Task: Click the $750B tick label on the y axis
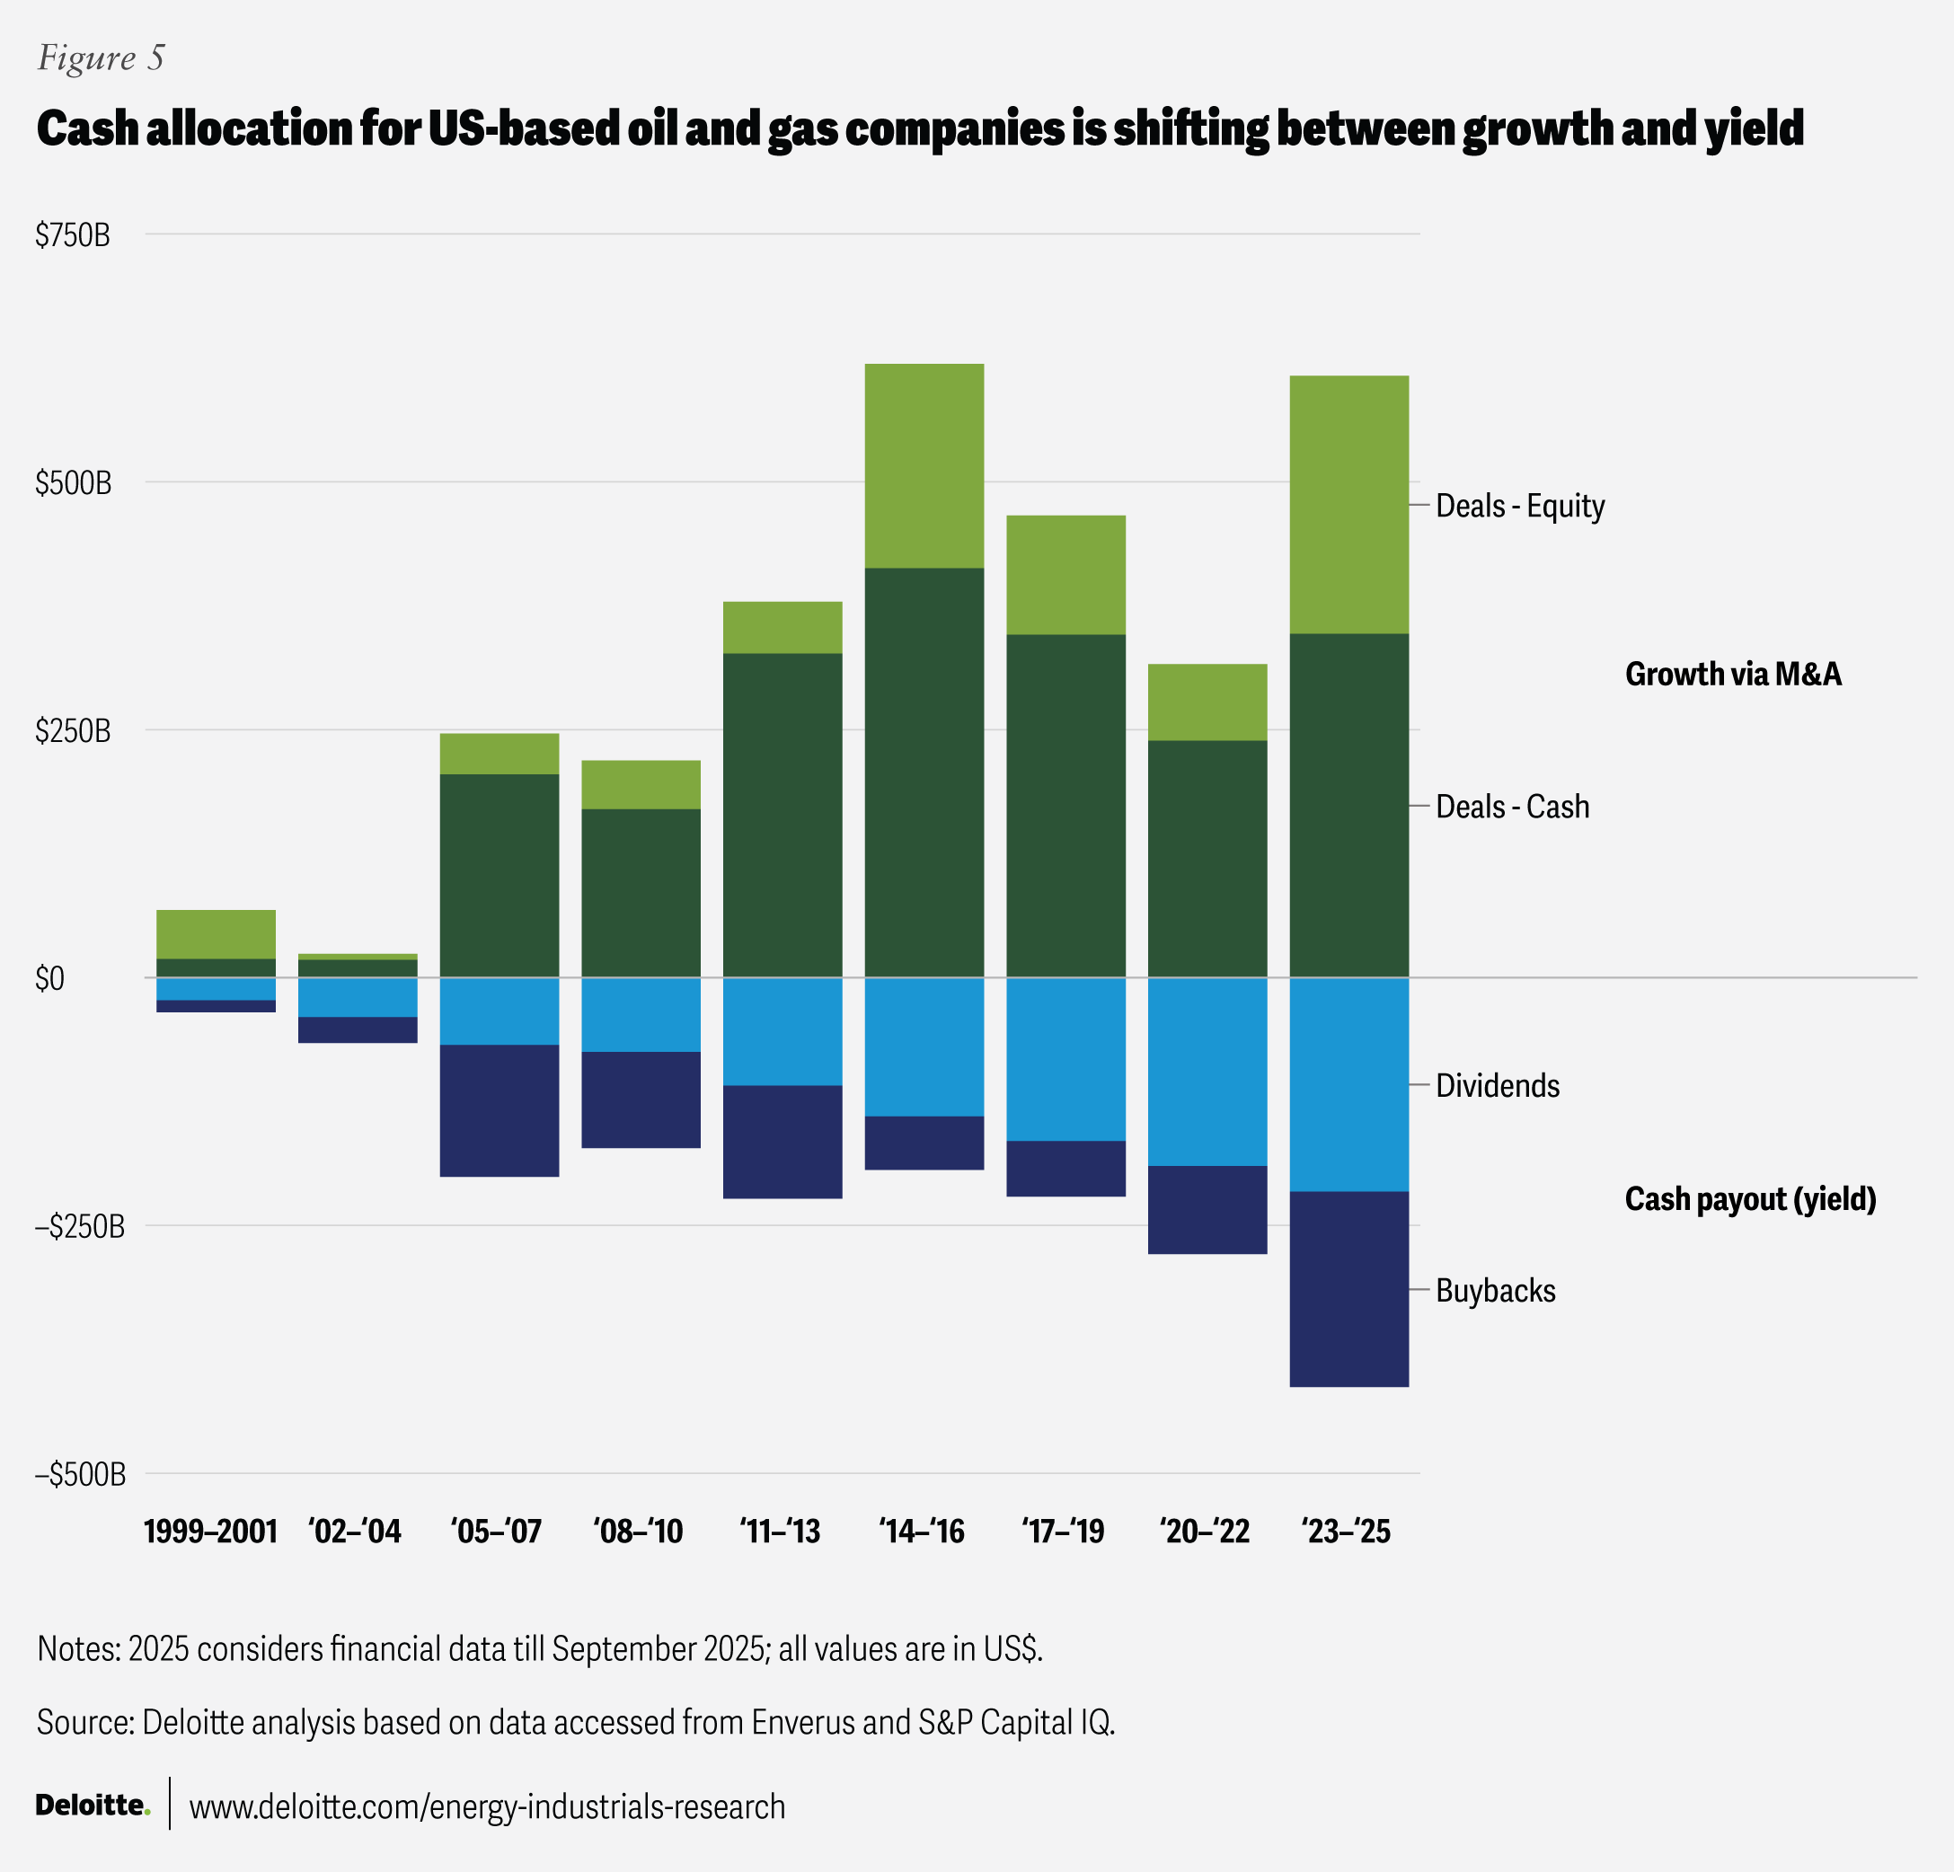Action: (x=73, y=235)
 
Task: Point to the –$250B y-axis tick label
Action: (x=80, y=1226)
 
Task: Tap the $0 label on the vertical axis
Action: (x=49, y=979)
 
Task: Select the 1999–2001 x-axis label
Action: (x=210, y=1530)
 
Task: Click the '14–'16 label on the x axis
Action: (x=922, y=1530)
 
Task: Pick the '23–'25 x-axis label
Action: (x=1346, y=1530)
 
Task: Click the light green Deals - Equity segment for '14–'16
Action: (x=924, y=465)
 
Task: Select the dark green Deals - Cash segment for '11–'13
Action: (x=782, y=815)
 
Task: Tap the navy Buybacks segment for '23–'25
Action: (x=1348, y=1288)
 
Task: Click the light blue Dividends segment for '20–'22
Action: (x=1207, y=1071)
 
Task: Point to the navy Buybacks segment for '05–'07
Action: (x=500, y=1110)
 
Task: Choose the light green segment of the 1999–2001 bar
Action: (x=217, y=934)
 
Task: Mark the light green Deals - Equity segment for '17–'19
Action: (x=1065, y=574)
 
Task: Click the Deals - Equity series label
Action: (x=1520, y=507)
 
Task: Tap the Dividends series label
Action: (x=1498, y=1085)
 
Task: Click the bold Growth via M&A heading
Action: (x=1733, y=675)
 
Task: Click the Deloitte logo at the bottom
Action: (x=93, y=1805)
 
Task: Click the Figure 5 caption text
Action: (x=101, y=57)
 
